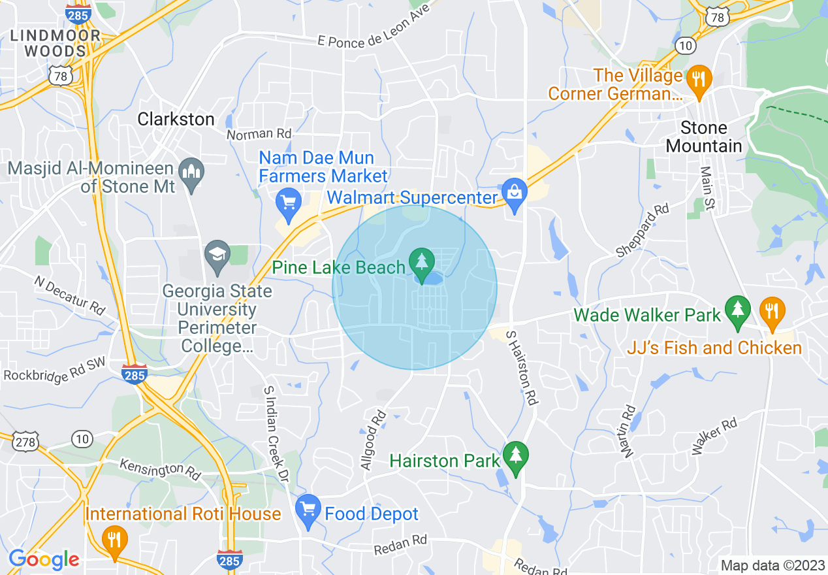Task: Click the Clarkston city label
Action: [176, 119]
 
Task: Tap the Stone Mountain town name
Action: [704, 137]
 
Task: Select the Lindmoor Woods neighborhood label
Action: [55, 43]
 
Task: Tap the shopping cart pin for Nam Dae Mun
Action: [288, 202]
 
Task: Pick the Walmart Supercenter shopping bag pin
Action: [515, 193]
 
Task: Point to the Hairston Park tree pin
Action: [516, 455]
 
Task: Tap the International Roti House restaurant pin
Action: [115, 540]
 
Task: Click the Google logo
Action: [44, 559]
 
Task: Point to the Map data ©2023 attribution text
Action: [772, 565]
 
